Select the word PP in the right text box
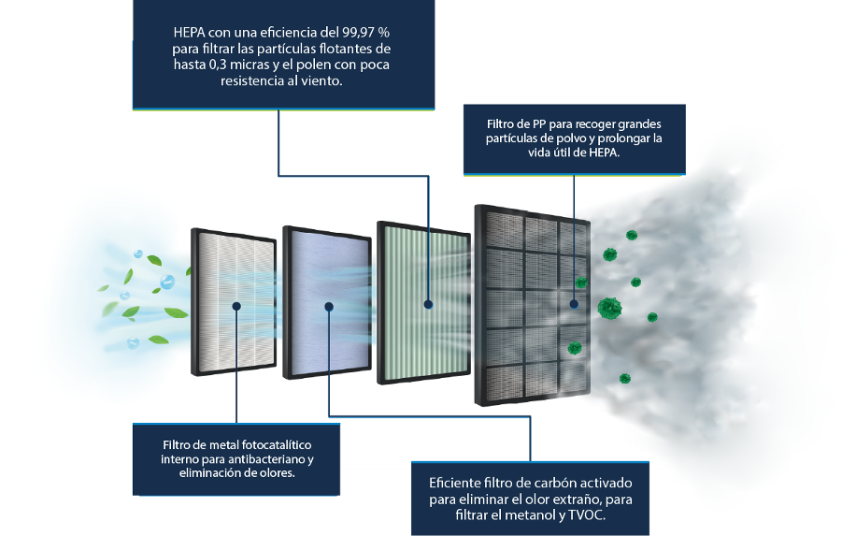[x=538, y=124]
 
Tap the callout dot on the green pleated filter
[x=428, y=304]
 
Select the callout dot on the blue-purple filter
[x=329, y=307]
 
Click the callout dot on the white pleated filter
[x=236, y=306]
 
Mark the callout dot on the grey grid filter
[x=574, y=304]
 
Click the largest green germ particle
[x=609, y=309]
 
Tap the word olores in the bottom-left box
[x=278, y=473]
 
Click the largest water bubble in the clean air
[x=167, y=282]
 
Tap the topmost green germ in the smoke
[x=632, y=235]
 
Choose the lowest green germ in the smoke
[x=624, y=379]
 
